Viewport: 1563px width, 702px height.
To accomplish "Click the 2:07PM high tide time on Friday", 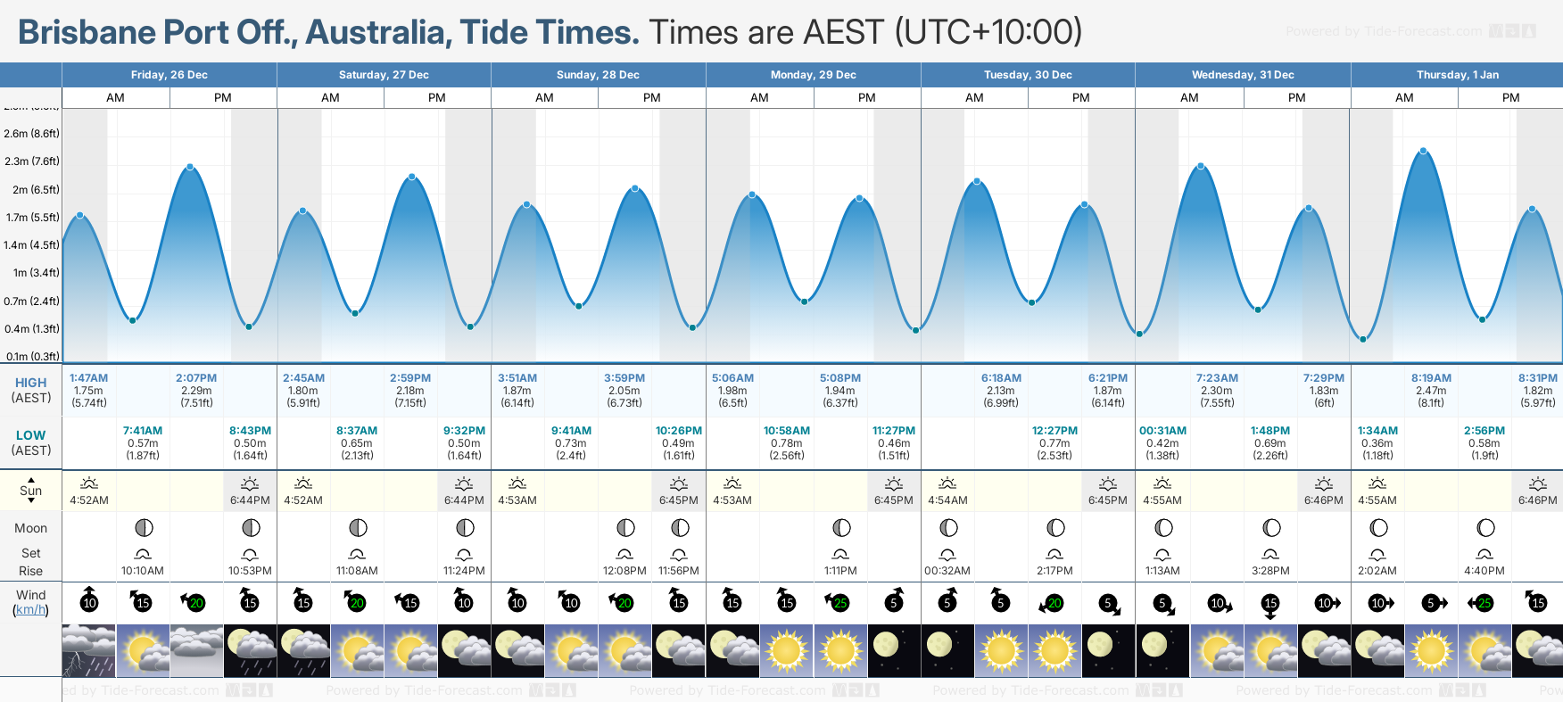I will (196, 378).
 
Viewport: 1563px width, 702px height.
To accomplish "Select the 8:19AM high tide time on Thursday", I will (1431, 378).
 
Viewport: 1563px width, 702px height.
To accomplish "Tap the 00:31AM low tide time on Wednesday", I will (1162, 431).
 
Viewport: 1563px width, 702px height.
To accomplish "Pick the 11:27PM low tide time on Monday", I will (894, 431).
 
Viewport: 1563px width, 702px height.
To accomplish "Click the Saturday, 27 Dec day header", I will (384, 75).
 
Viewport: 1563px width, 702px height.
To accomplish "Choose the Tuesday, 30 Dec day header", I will (1028, 75).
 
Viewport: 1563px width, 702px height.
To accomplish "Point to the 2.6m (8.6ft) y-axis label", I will (31, 134).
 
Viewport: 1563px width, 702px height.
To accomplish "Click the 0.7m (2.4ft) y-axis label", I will (31, 301).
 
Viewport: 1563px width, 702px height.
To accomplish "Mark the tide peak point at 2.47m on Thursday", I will (1423, 151).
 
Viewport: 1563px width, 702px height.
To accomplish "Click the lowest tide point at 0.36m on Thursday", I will (1363, 339).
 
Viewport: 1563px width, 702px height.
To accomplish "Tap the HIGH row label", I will (30, 383).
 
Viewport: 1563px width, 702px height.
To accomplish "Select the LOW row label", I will (30, 435).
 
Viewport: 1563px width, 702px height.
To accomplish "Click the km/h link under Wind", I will (30, 610).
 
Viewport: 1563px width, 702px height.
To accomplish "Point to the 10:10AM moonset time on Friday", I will (143, 571).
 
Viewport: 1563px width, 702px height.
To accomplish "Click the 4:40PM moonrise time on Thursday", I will (1484, 571).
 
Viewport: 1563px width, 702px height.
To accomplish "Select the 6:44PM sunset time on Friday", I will (250, 500).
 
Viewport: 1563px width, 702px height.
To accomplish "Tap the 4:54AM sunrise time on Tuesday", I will (947, 500).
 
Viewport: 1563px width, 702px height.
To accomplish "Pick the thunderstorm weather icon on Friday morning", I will (88, 651).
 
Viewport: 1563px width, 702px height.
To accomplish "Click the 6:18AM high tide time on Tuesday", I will (1001, 378).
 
